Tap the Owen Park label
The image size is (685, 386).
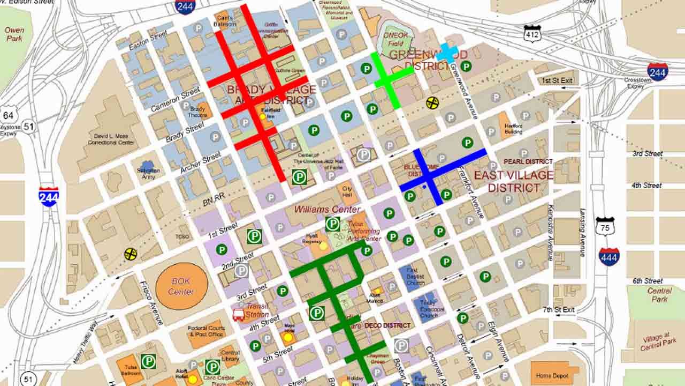(x=14, y=34)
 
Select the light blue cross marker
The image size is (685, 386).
(x=447, y=53)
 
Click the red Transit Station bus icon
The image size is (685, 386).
(x=239, y=315)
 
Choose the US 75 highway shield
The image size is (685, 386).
(x=605, y=226)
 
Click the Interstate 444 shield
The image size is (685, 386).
(x=609, y=257)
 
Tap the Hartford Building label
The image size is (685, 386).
(x=513, y=128)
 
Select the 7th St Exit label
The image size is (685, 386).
(x=559, y=310)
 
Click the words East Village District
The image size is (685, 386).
(x=513, y=181)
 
